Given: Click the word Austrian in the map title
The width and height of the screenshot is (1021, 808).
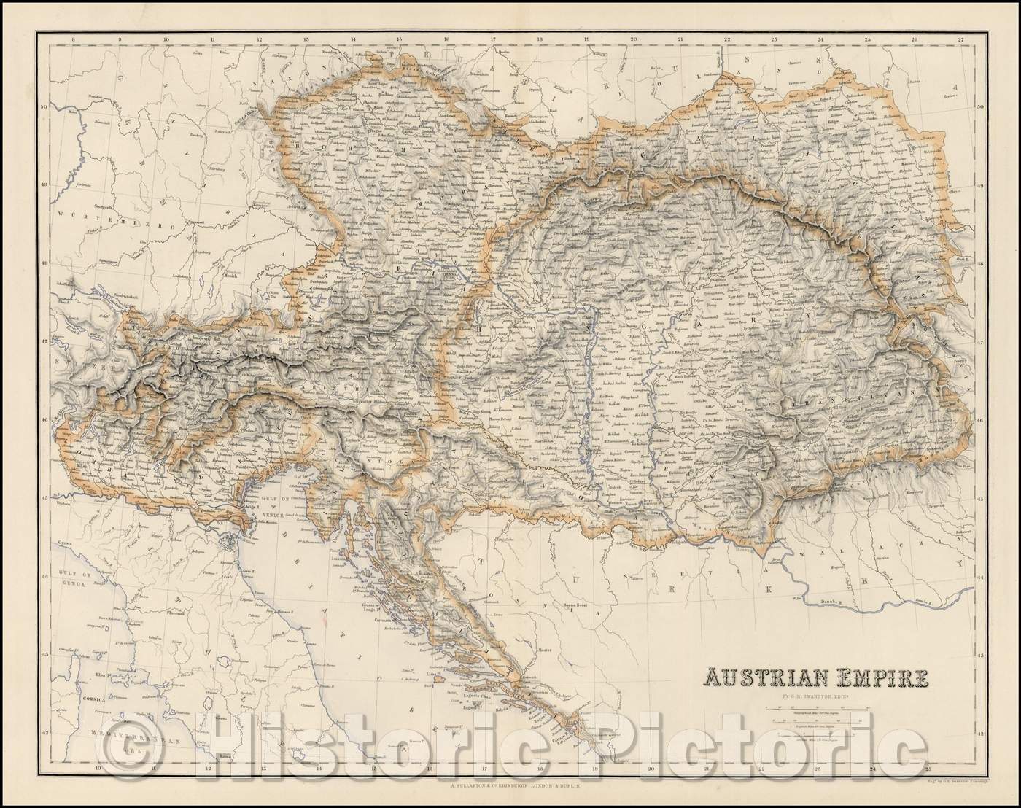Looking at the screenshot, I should (x=758, y=679).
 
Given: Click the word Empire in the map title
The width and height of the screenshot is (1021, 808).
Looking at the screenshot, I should (x=878, y=679).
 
